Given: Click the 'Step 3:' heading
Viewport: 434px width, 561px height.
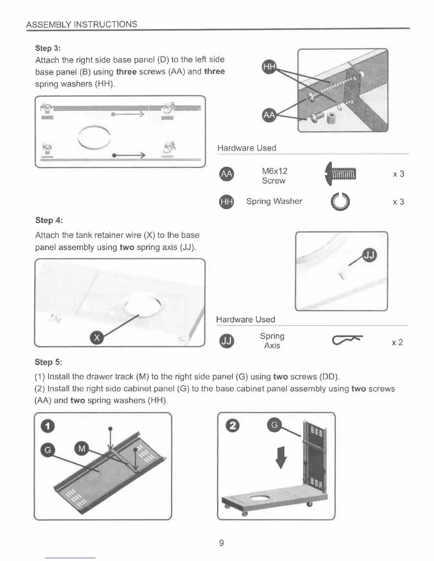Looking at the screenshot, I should pyautogui.click(x=48, y=48).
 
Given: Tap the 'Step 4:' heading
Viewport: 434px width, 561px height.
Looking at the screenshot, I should pyautogui.click(x=49, y=220).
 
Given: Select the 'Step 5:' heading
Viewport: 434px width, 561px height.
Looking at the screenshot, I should pyautogui.click(x=48, y=362).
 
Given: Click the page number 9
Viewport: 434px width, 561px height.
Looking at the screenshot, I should pyautogui.click(x=221, y=543).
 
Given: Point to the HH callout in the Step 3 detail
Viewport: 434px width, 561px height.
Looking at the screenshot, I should pyautogui.click(x=269, y=67).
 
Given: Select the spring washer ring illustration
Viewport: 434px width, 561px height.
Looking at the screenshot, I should pyautogui.click(x=340, y=202).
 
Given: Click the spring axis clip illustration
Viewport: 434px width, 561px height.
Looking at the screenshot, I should pyautogui.click(x=347, y=340).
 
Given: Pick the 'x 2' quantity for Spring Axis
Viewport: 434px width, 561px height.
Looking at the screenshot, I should pyautogui.click(x=397, y=342).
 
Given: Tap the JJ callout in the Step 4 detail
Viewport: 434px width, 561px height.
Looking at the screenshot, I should pyautogui.click(x=370, y=255).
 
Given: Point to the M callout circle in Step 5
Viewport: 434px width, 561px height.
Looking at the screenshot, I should pyautogui.click(x=82, y=449).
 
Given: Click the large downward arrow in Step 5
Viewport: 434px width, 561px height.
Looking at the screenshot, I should pyautogui.click(x=281, y=457).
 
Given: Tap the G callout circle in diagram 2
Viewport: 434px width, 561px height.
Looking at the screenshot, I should pyautogui.click(x=274, y=425).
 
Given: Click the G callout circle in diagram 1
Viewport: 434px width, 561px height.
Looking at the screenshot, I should pyautogui.click(x=48, y=450).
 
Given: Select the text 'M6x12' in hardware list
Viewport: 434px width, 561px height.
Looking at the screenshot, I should pyautogui.click(x=274, y=171).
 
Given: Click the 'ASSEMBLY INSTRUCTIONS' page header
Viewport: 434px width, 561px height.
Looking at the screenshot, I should pyautogui.click(x=82, y=24).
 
